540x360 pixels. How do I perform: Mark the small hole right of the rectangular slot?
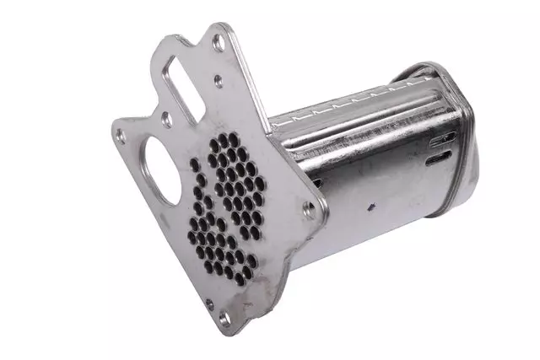tap(219, 81)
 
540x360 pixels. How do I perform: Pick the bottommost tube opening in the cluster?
tap(240, 279)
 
